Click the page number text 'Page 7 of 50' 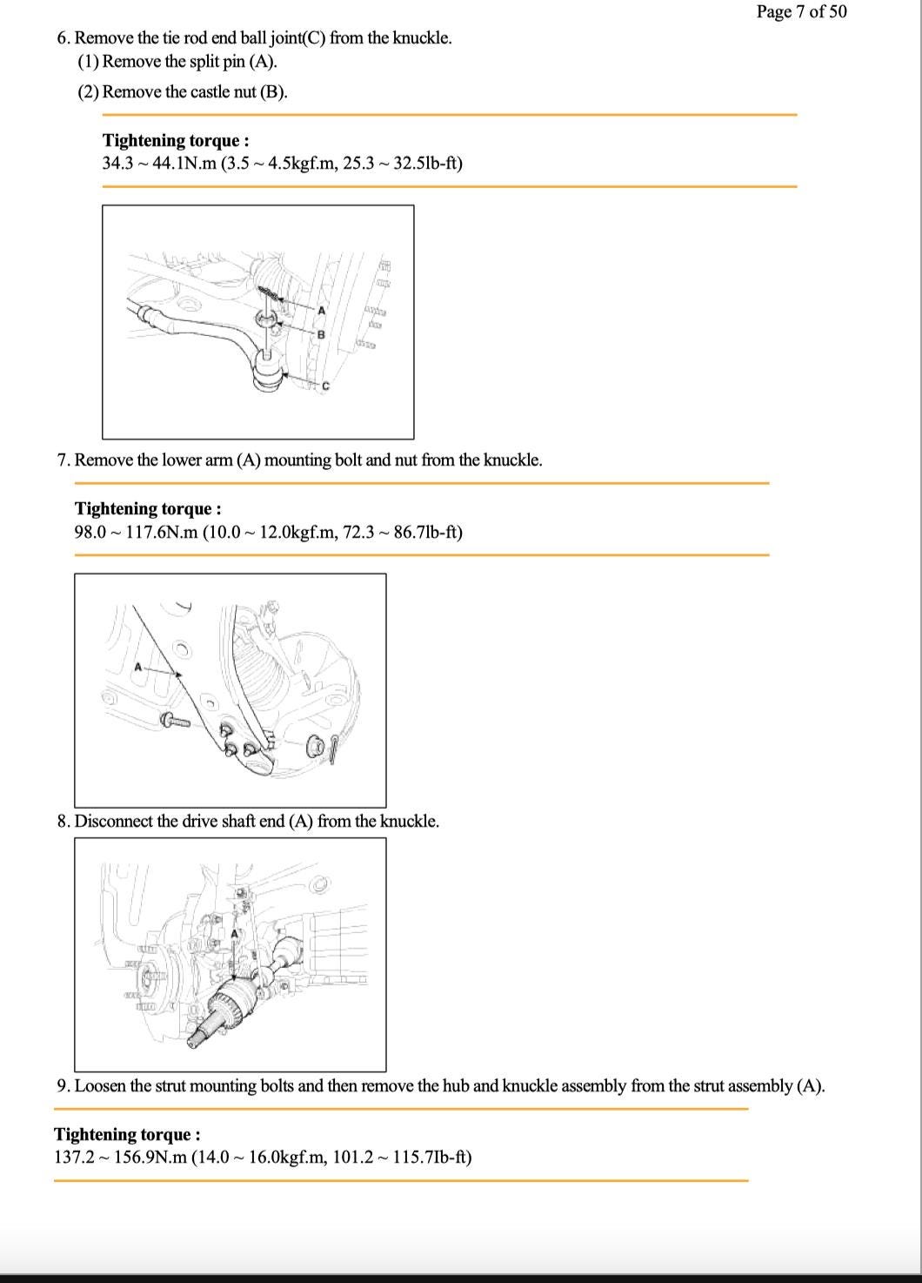800,11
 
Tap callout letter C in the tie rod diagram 326,386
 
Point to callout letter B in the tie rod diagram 320,334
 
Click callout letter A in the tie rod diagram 321,310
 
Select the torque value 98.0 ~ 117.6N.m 136,531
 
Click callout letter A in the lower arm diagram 137,668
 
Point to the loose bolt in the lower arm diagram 174,720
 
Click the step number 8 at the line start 63,821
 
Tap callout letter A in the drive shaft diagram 234,934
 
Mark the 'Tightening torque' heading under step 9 127,1134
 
